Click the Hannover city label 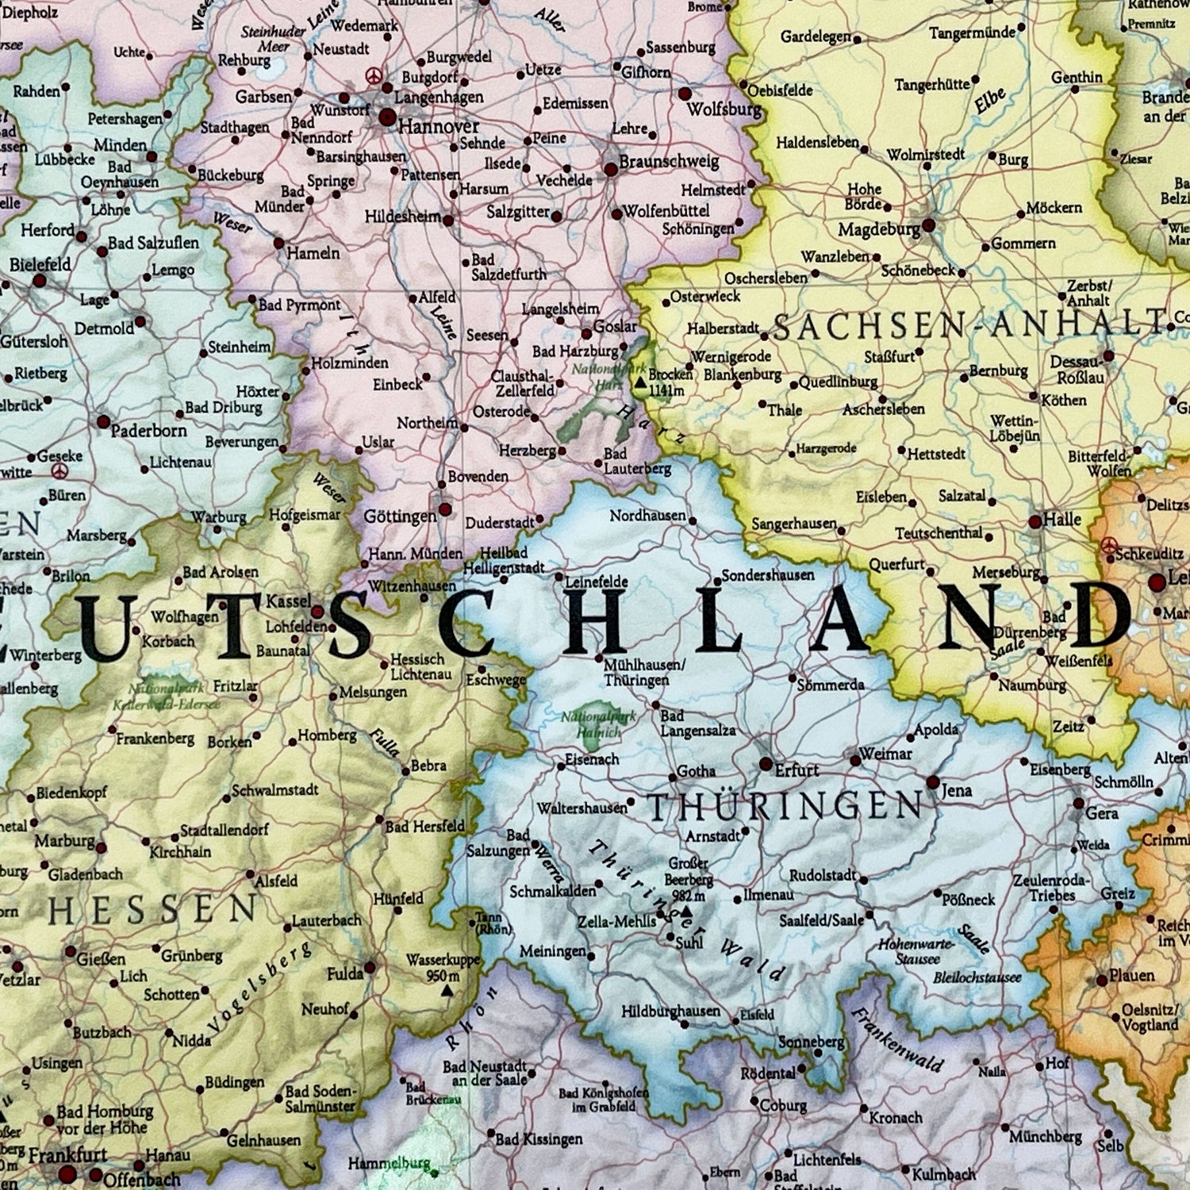coord(438,126)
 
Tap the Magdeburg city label coord(879,230)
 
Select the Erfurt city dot coord(766,764)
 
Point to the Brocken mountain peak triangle coord(639,382)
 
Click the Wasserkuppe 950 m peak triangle coord(447,991)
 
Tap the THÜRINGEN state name coord(785,807)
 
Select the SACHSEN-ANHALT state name coord(968,326)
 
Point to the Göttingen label coord(400,516)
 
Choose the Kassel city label coord(288,601)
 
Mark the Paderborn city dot coord(103,421)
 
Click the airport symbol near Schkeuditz coord(1109,545)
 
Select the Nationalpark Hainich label coord(598,724)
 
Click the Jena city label coord(956,790)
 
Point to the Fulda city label coord(344,973)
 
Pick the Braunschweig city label coord(668,162)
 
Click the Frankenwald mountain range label coord(896,1039)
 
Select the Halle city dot coord(1035,522)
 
